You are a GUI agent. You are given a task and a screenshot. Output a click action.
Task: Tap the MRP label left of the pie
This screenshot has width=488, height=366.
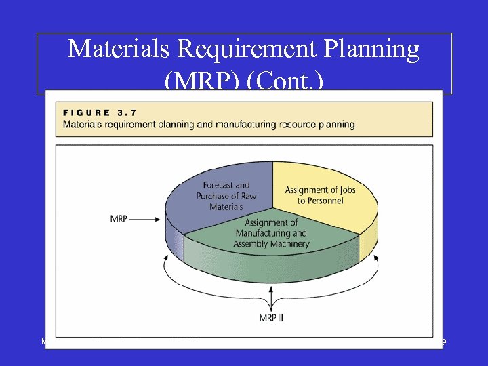pyautogui.click(x=119, y=219)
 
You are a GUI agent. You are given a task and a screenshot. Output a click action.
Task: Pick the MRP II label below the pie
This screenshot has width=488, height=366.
pyautogui.click(x=272, y=317)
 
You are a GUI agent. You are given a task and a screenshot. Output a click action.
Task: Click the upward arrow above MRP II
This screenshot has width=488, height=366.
pyautogui.click(x=272, y=298)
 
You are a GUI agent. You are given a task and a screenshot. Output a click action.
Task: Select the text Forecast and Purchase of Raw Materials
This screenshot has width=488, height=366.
pyautogui.click(x=226, y=196)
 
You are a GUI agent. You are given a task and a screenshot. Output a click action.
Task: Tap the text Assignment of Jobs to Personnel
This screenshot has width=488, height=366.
pyautogui.click(x=320, y=195)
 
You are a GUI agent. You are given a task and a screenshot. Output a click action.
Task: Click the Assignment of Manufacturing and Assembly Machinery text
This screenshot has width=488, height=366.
pyautogui.click(x=271, y=233)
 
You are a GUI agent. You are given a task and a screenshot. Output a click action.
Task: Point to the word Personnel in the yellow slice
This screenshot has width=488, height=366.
pyautogui.click(x=320, y=201)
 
